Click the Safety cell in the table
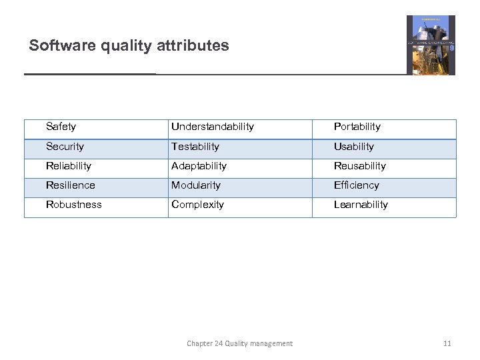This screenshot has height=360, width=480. pos(61,127)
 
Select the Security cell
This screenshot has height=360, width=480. pos(65,147)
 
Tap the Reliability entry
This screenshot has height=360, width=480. pos(69,166)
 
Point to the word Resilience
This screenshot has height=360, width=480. pos(71,185)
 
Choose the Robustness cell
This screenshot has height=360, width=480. pos(74,205)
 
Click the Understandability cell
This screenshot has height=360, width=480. pos(213,127)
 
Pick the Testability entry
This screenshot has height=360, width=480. pos(195,147)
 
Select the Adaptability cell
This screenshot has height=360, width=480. pos(199,166)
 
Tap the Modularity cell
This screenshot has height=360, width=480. pos(196,185)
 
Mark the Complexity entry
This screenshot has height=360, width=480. pos(198,205)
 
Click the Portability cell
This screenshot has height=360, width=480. pos(357,127)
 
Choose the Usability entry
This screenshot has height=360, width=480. pos(354,147)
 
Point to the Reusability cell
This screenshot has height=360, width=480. pos(360,166)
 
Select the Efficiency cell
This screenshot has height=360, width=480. pos(357,185)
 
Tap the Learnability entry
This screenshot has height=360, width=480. pos(361,205)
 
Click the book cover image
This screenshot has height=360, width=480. pos(431,45)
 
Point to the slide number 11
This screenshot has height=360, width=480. pos(447,343)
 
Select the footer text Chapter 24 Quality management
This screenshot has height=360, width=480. pos(239,343)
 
